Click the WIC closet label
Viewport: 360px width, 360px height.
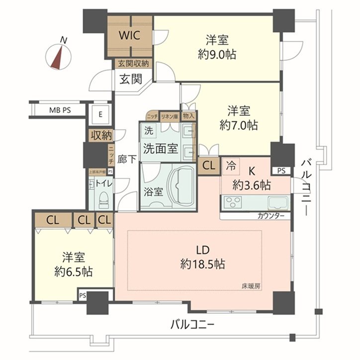131,35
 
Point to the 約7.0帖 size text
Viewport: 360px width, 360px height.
240,125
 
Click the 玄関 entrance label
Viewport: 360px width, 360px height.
131,79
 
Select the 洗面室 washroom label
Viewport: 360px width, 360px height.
160,148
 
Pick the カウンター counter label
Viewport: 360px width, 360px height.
271,216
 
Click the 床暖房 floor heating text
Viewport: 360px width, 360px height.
252,286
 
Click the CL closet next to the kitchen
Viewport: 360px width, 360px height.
209,166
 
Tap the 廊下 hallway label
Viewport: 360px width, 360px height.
127,160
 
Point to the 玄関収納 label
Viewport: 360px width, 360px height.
133,63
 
